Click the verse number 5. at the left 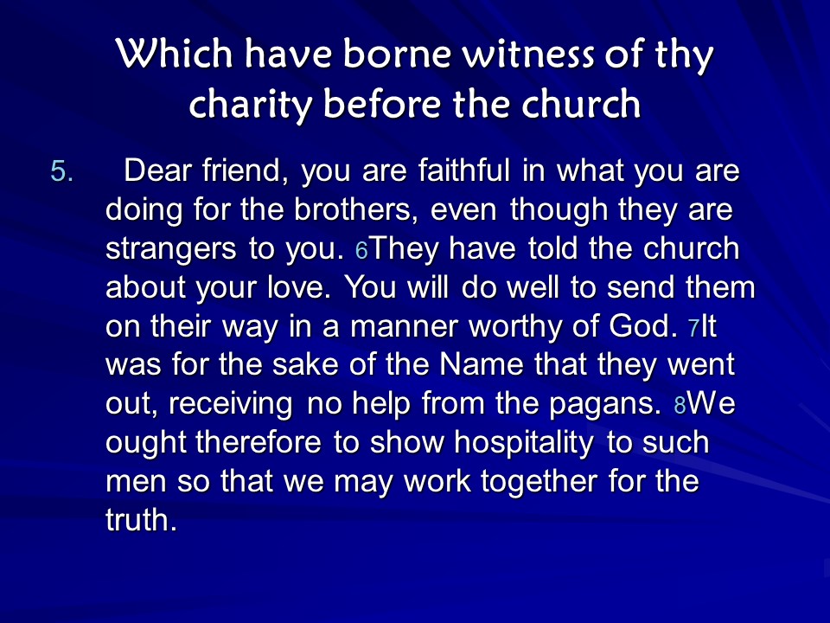tap(62, 171)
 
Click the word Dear tap(157, 170)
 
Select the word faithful tap(463, 170)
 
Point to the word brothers tap(352, 209)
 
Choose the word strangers tap(170, 249)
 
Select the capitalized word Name tap(482, 365)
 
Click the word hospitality tap(524, 443)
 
